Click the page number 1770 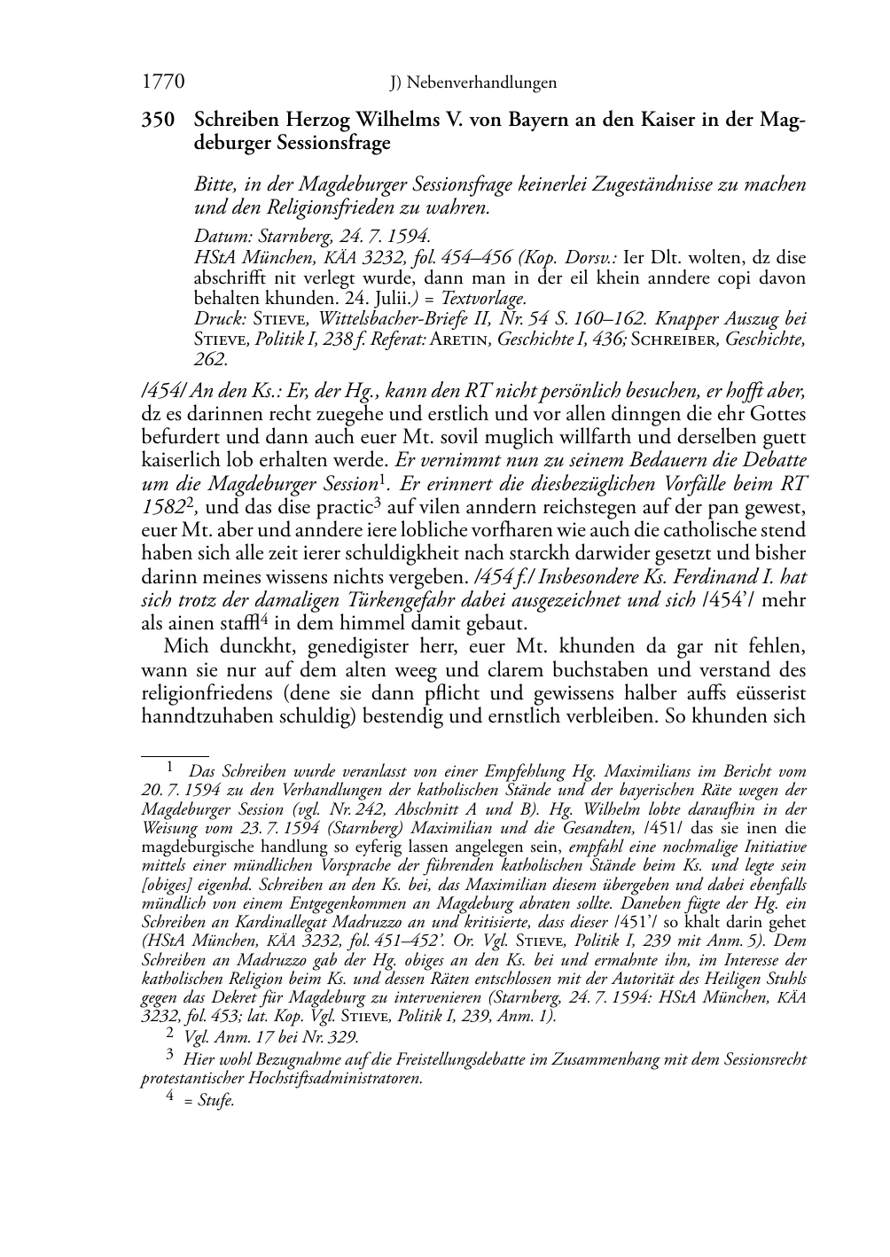coord(163,82)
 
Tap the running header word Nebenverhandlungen coord(481,83)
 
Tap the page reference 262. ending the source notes coord(211,359)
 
